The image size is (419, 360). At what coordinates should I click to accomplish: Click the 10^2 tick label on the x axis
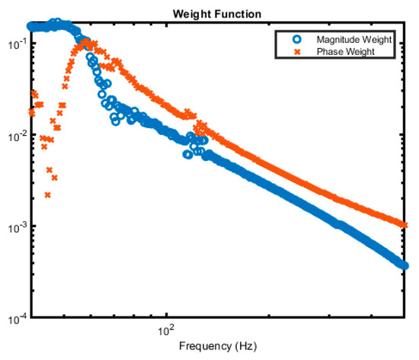pyautogui.click(x=165, y=330)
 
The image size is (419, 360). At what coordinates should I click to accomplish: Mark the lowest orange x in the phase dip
pyautogui.click(x=48, y=195)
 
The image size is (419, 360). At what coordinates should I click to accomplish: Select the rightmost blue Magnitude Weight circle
pyautogui.click(x=404, y=265)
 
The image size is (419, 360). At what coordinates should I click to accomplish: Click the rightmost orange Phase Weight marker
pyautogui.click(x=404, y=224)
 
